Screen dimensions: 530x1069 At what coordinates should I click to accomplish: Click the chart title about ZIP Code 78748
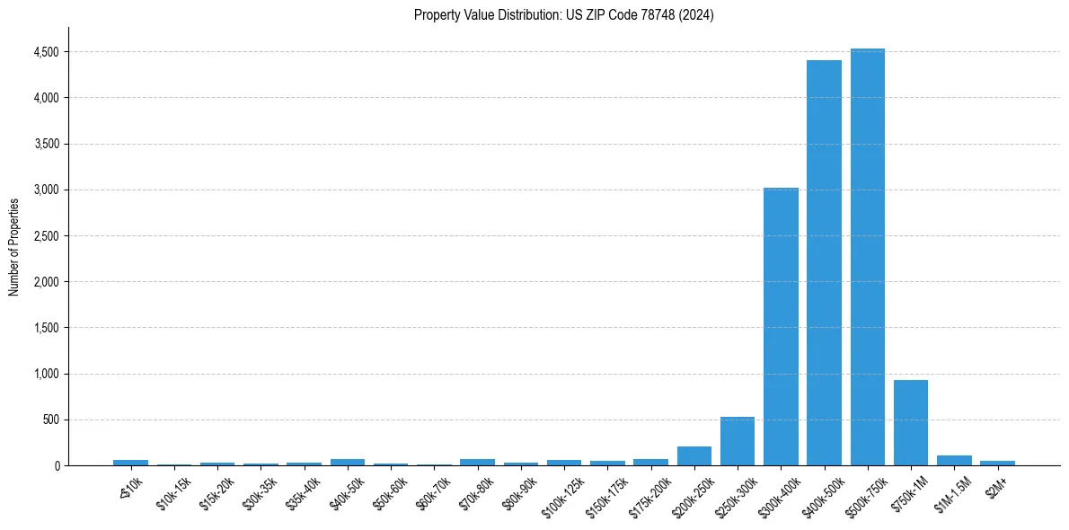tap(563, 15)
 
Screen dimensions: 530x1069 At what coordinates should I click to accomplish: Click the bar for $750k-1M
tap(910, 422)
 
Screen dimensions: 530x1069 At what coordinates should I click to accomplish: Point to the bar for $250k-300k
tap(738, 441)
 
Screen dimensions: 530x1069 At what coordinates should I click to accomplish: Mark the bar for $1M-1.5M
tap(954, 460)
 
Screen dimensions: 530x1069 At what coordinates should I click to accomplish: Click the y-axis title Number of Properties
tap(13, 246)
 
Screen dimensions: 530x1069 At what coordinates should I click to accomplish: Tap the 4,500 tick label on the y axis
tap(47, 52)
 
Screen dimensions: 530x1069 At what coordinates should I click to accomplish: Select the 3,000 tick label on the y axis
tap(47, 190)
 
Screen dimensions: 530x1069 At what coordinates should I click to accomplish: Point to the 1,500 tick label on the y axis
tap(47, 328)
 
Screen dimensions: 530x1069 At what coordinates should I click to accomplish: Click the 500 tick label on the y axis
tap(52, 420)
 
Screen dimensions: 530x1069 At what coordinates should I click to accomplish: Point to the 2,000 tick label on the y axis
tap(47, 282)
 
